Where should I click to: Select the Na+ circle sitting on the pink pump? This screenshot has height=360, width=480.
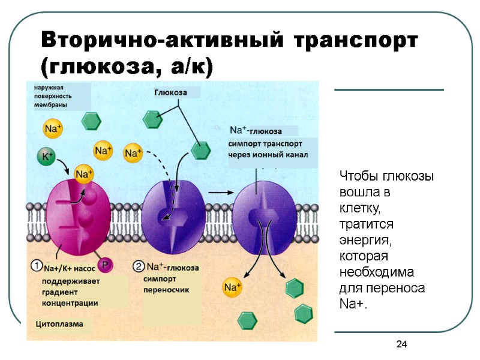[x=83, y=175]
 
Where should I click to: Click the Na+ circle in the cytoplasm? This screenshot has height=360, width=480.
[x=232, y=287]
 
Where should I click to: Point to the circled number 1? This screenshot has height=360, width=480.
[x=36, y=264]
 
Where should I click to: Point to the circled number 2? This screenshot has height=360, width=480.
[x=139, y=266]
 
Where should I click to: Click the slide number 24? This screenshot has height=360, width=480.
[x=401, y=344]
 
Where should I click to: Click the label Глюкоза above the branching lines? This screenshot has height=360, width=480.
[x=170, y=93]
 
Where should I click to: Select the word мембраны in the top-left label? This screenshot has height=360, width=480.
[x=50, y=104]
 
